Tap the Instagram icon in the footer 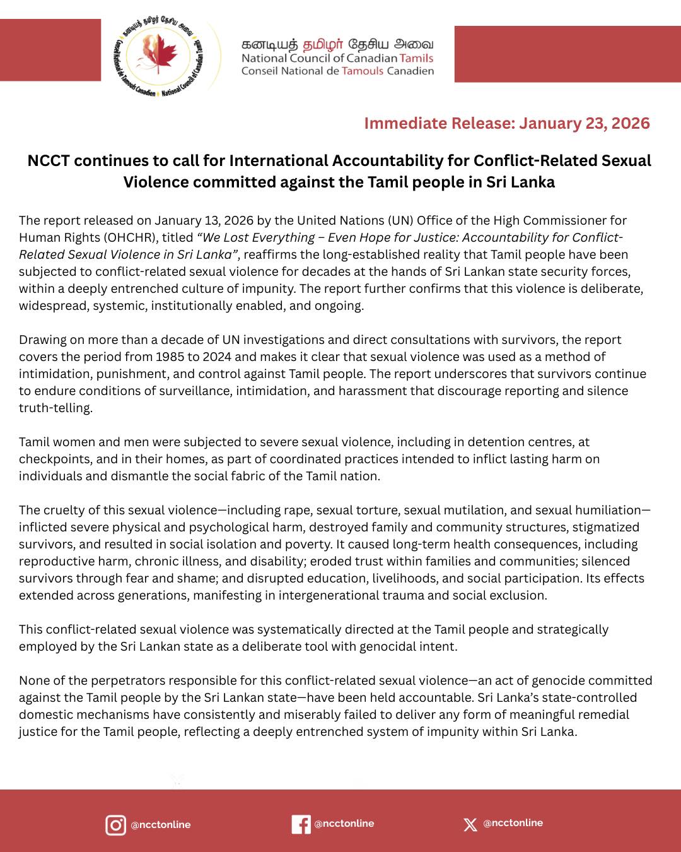[115, 825]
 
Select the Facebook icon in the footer [301, 824]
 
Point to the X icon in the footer [470, 824]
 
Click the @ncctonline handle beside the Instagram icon [160, 825]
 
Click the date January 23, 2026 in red [585, 123]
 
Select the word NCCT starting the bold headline [48, 161]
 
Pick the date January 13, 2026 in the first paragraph [204, 220]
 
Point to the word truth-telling [55, 408]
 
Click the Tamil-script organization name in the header [337, 45]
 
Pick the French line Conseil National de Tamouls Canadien [337, 71]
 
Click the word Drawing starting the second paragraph [42, 340]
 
